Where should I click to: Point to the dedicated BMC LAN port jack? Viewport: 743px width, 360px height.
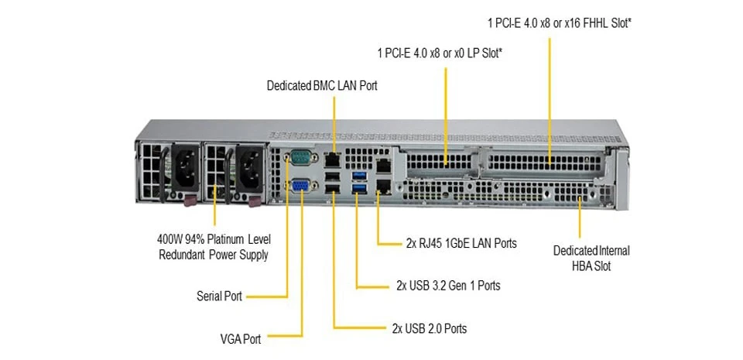(332, 159)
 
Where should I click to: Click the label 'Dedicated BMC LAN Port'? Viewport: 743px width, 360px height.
(322, 85)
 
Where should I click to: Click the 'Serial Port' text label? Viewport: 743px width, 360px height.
(219, 296)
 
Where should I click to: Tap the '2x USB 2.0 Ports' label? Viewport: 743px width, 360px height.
(430, 328)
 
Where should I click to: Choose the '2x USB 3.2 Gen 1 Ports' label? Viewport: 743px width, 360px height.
(448, 286)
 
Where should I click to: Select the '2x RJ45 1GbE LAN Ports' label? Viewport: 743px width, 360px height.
(461, 243)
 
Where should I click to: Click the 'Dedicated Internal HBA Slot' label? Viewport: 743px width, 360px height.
(591, 259)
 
